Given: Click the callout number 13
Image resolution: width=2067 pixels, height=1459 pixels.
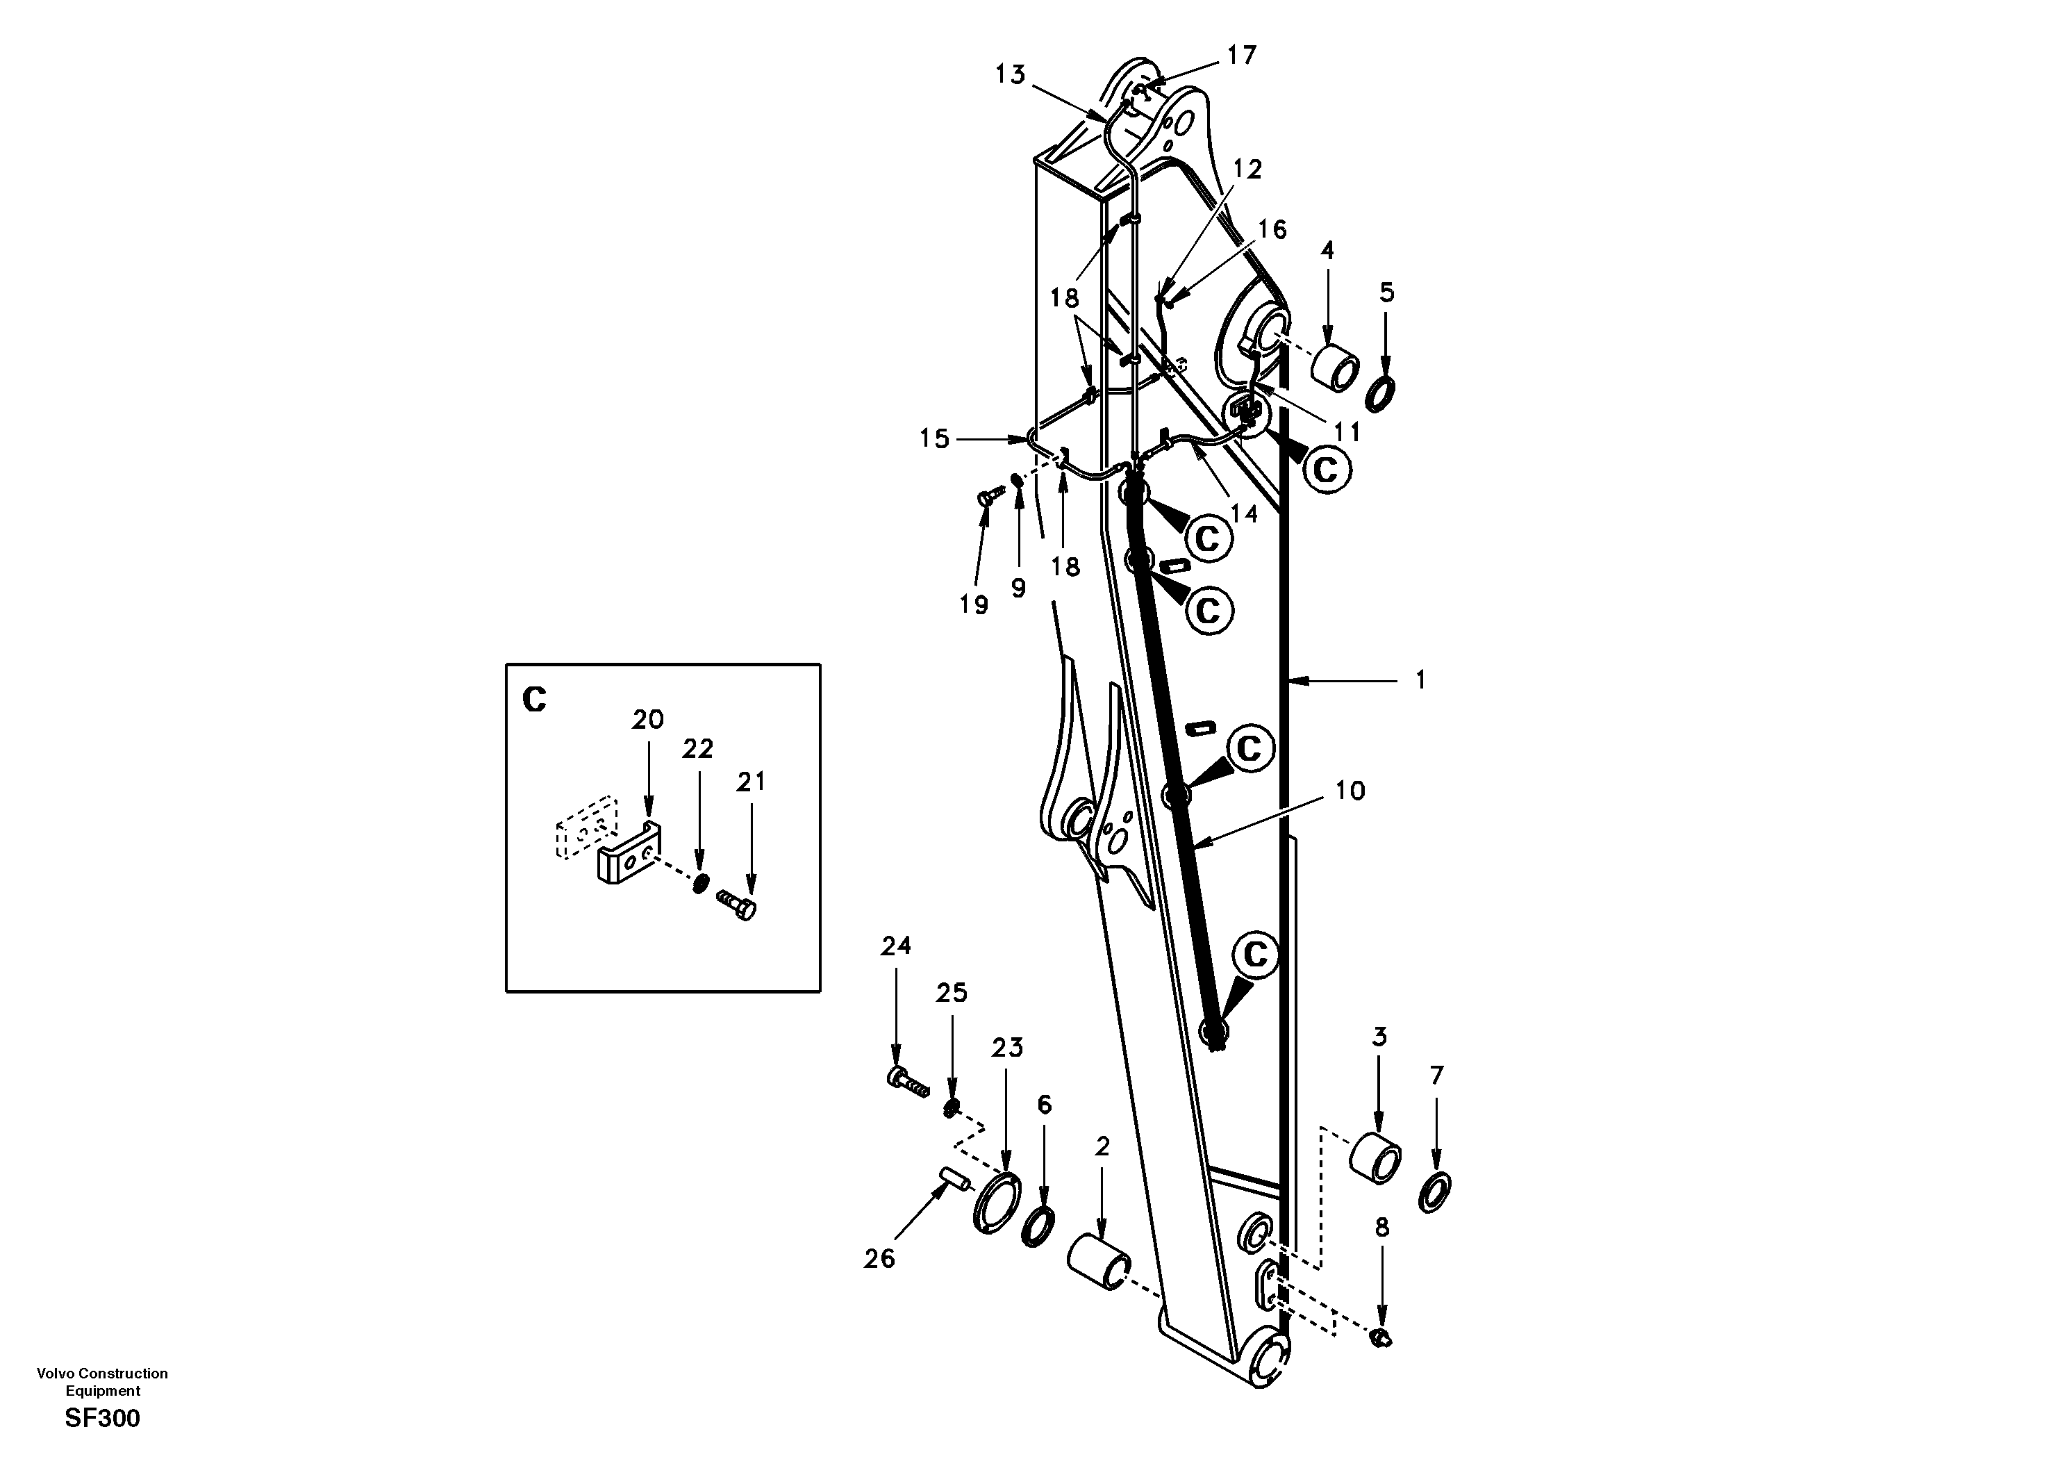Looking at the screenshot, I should [x=1010, y=75].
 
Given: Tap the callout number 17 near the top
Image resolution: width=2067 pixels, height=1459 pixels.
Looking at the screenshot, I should [x=1241, y=56].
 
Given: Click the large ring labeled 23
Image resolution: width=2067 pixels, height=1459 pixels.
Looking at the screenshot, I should [x=997, y=1203].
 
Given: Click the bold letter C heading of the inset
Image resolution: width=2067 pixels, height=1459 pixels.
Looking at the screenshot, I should [x=534, y=699].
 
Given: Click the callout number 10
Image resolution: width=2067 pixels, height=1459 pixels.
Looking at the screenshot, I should [x=1350, y=791].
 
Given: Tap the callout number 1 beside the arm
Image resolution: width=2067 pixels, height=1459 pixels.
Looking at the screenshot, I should [x=1420, y=680].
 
